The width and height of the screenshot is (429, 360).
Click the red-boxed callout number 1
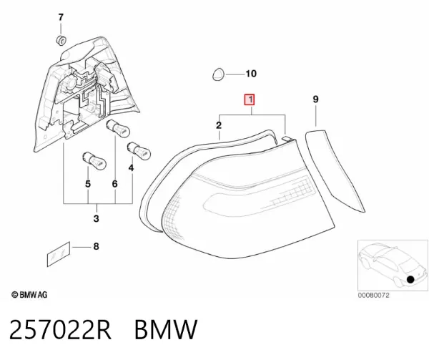(x=250, y=99)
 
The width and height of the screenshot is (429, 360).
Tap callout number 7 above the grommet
(x=61, y=17)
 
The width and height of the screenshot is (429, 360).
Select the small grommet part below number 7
(x=61, y=40)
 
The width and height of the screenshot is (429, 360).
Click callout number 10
(x=251, y=74)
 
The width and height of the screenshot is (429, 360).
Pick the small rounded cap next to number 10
(x=218, y=74)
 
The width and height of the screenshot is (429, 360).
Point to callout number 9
(x=315, y=99)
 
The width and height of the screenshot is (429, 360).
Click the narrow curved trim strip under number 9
(x=335, y=170)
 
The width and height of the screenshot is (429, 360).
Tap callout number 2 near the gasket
(x=219, y=125)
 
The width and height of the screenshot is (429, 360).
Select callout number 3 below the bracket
(x=96, y=219)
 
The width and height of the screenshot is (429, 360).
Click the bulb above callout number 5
(x=94, y=160)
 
